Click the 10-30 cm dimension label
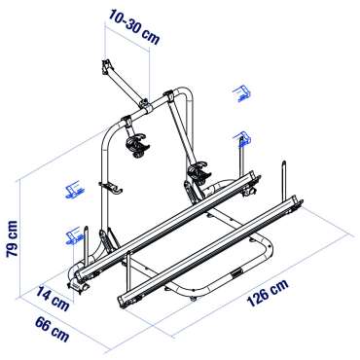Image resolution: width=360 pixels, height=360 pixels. coord(133,27)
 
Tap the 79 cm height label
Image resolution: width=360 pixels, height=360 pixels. coord(12,238)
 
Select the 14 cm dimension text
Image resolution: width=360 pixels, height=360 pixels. coord(53,298)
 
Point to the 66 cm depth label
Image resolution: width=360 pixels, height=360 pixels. coord(53,329)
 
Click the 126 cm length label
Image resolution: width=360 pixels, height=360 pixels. coord(268,293)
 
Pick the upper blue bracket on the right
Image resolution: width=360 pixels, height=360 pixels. coord(241,93)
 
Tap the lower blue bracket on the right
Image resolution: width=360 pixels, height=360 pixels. coord(242,138)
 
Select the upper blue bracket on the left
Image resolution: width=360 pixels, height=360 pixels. coord(75,190)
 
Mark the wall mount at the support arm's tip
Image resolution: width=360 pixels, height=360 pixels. coord(106,66)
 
